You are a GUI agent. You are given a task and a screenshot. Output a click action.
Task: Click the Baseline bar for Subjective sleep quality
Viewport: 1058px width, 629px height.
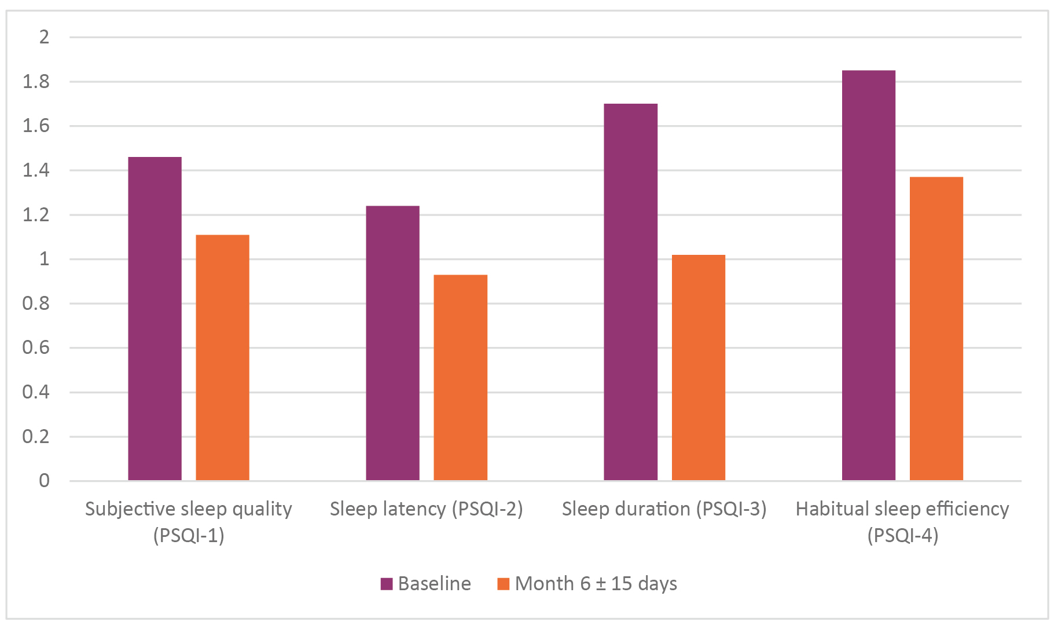pos(155,319)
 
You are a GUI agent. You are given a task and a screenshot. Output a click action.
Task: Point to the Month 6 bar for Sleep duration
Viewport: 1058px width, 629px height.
pos(698,367)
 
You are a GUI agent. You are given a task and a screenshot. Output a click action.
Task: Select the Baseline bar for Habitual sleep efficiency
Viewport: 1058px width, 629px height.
pos(868,275)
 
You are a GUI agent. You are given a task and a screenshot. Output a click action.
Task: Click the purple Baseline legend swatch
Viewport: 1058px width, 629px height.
pos(387,584)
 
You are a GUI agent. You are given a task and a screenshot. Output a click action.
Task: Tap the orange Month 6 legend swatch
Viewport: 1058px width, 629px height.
pos(503,584)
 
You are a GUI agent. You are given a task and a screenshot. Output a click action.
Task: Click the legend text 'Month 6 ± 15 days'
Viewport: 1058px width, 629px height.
pos(596,584)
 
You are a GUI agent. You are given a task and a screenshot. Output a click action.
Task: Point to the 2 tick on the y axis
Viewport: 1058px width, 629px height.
pos(44,38)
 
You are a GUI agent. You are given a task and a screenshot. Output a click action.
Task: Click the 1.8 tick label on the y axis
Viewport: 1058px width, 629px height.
pos(36,82)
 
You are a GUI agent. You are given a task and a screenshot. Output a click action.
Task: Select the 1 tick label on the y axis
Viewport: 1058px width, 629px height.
pos(44,259)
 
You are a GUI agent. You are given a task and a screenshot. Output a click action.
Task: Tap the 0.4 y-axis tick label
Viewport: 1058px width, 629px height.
pos(36,393)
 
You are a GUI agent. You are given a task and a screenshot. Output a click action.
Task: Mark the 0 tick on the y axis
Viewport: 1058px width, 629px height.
pos(44,481)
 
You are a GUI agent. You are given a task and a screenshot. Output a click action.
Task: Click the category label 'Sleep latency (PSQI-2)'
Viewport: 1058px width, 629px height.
pos(426,509)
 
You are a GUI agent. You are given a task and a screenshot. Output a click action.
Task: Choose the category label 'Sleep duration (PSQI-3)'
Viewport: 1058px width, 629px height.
pos(664,509)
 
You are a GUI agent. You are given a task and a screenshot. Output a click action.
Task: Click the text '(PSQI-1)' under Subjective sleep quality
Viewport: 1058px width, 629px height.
pos(189,535)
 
